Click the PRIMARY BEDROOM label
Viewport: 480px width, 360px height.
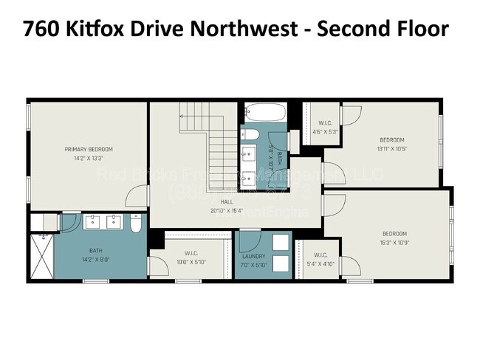[x=89, y=149]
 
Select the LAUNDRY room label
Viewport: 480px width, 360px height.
[x=253, y=257]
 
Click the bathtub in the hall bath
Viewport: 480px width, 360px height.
[x=265, y=113]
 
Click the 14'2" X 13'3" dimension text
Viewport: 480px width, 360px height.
[x=89, y=157]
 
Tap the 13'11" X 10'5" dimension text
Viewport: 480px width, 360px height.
[x=392, y=149]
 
